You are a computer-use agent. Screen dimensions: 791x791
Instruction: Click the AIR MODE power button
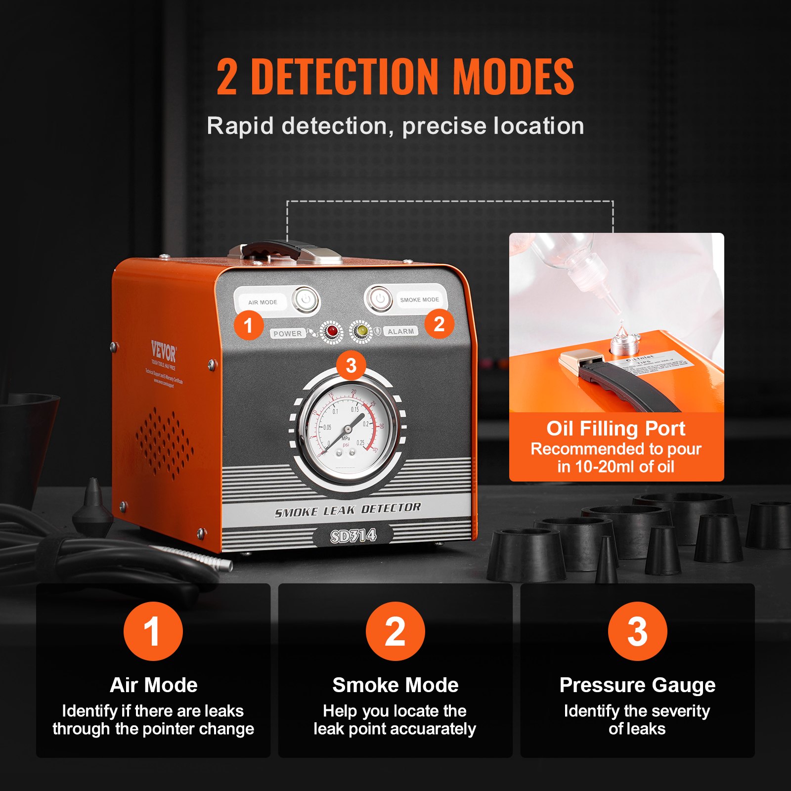(x=306, y=300)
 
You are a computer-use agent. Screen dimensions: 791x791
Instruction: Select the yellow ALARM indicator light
(x=362, y=331)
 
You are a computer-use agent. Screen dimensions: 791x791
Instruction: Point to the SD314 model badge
(x=353, y=535)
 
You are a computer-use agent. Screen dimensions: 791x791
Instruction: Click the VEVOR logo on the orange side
(x=164, y=352)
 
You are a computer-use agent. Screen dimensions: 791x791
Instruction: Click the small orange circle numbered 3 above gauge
(x=351, y=366)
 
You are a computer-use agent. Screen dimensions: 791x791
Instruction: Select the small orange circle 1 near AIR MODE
(x=249, y=325)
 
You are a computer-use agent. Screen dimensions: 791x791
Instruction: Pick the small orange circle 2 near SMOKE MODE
(x=439, y=324)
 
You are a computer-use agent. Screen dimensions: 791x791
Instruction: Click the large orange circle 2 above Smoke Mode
(x=395, y=631)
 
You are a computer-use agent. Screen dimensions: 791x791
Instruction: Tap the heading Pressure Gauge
(x=637, y=685)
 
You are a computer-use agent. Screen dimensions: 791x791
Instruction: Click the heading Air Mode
(x=153, y=685)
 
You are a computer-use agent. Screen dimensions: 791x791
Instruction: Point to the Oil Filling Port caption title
(x=615, y=429)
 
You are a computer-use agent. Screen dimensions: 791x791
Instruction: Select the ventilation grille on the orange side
(x=164, y=443)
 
